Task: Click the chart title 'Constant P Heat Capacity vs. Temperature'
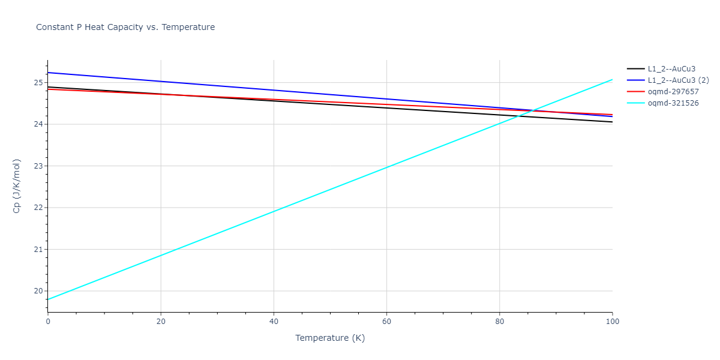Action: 125,27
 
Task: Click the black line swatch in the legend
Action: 636,69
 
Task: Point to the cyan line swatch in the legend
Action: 636,103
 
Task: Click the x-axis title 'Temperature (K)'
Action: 330,338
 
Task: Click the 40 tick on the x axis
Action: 274,322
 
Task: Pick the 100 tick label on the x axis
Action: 612,322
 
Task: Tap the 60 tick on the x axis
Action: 386,322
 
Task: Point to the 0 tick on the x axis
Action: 48,322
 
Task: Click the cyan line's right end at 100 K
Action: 612,79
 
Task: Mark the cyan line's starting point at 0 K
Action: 48,299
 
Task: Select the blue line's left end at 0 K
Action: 48,73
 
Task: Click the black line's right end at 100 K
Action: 612,122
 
